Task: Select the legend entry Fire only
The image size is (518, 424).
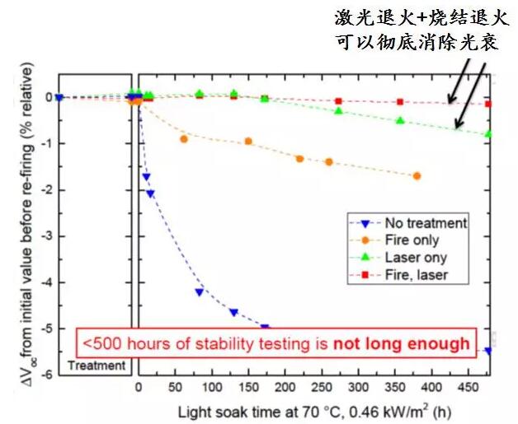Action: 410,240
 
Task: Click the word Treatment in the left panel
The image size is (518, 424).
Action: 97,365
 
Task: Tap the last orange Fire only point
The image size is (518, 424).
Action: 417,175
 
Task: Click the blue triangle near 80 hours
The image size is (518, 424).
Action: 199,291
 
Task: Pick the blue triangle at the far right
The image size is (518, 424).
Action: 488,350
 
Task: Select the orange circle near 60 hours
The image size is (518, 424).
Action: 183,139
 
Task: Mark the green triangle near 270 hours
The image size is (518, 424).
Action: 338,110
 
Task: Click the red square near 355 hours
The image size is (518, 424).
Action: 400,102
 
